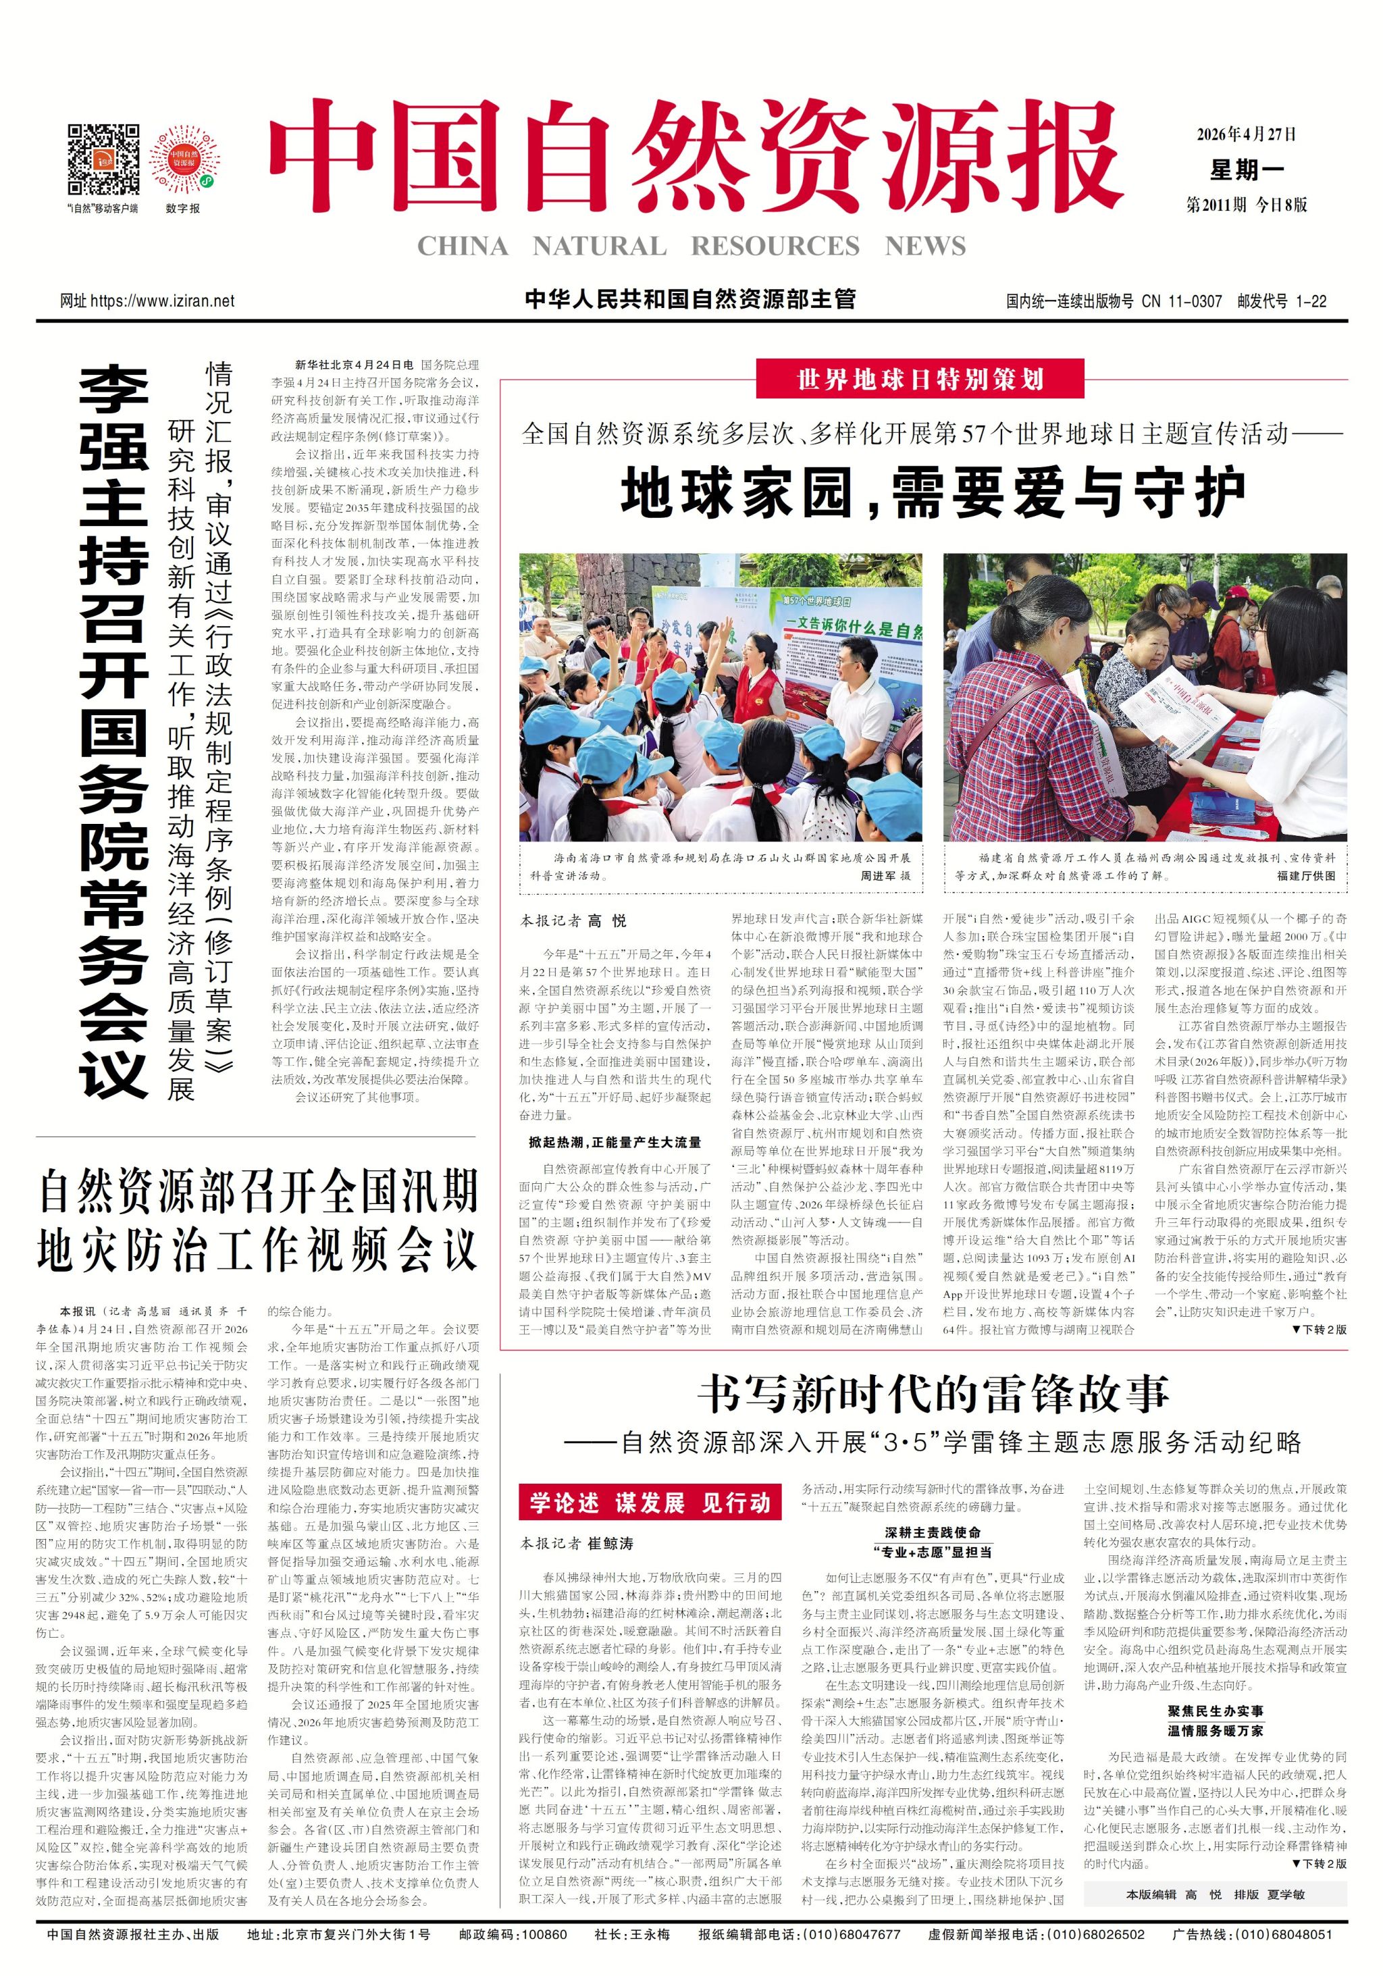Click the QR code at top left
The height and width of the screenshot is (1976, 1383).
coord(103,160)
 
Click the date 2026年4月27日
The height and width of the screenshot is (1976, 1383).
coord(1245,134)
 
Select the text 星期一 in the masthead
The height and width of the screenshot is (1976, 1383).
coord(1245,170)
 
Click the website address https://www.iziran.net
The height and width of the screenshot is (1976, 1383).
coord(162,301)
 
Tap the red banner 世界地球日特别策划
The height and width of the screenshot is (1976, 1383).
coord(919,380)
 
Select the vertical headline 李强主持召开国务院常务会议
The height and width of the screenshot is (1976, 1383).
coord(113,731)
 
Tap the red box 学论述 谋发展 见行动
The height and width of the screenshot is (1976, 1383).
coord(650,1503)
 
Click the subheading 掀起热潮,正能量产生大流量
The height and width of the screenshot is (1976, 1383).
coord(615,1142)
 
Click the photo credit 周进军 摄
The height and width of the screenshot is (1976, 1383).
coord(885,875)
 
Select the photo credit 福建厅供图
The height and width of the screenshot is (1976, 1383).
coord(1305,875)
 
